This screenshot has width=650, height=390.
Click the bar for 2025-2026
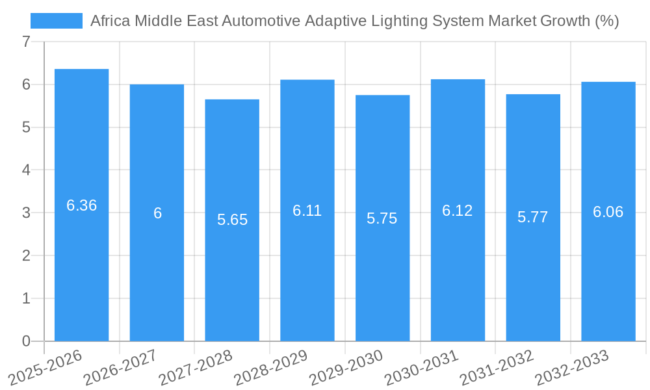(81, 205)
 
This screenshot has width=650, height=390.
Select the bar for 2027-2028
(232, 220)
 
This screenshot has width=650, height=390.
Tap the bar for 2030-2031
(458, 210)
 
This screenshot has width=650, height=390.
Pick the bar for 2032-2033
(608, 211)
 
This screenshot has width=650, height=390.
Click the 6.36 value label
(81, 205)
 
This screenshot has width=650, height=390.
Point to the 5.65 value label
(232, 220)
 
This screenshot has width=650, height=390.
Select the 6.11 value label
(307, 211)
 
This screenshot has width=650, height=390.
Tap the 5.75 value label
(382, 218)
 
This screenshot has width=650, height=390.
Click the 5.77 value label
(532, 217)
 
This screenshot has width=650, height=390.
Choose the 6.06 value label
(608, 212)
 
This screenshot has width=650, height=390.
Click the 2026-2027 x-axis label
(121, 367)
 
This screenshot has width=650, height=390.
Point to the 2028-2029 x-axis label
(271, 367)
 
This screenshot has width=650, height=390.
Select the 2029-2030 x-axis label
(346, 367)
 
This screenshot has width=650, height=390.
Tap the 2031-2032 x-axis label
(497, 367)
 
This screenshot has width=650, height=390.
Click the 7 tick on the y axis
(26, 42)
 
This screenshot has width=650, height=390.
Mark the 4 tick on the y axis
(26, 170)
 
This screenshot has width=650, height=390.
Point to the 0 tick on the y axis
(26, 341)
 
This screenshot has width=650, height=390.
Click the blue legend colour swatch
(57, 21)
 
